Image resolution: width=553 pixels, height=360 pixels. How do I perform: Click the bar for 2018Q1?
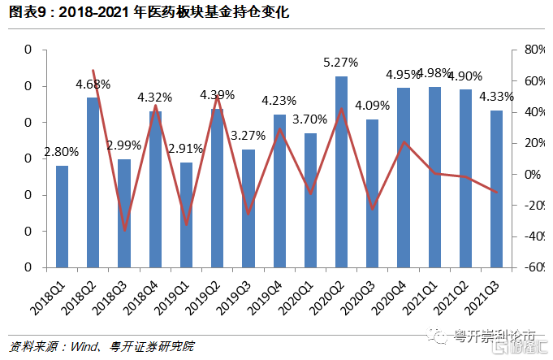click(x=62, y=216)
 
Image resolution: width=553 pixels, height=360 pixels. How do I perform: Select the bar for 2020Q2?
click(x=341, y=171)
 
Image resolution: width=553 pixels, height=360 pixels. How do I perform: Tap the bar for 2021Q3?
click(x=496, y=189)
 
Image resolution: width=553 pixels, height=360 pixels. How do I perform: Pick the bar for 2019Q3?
click(x=248, y=208)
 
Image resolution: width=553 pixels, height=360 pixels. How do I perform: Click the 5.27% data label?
click(x=341, y=62)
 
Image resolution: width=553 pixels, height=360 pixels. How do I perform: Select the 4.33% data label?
click(x=496, y=97)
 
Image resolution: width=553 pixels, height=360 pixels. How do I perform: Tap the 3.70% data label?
click(x=309, y=119)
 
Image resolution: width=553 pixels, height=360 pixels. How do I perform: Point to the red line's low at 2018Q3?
click(x=125, y=231)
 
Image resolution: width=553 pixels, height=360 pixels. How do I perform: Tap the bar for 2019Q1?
click(x=186, y=215)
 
